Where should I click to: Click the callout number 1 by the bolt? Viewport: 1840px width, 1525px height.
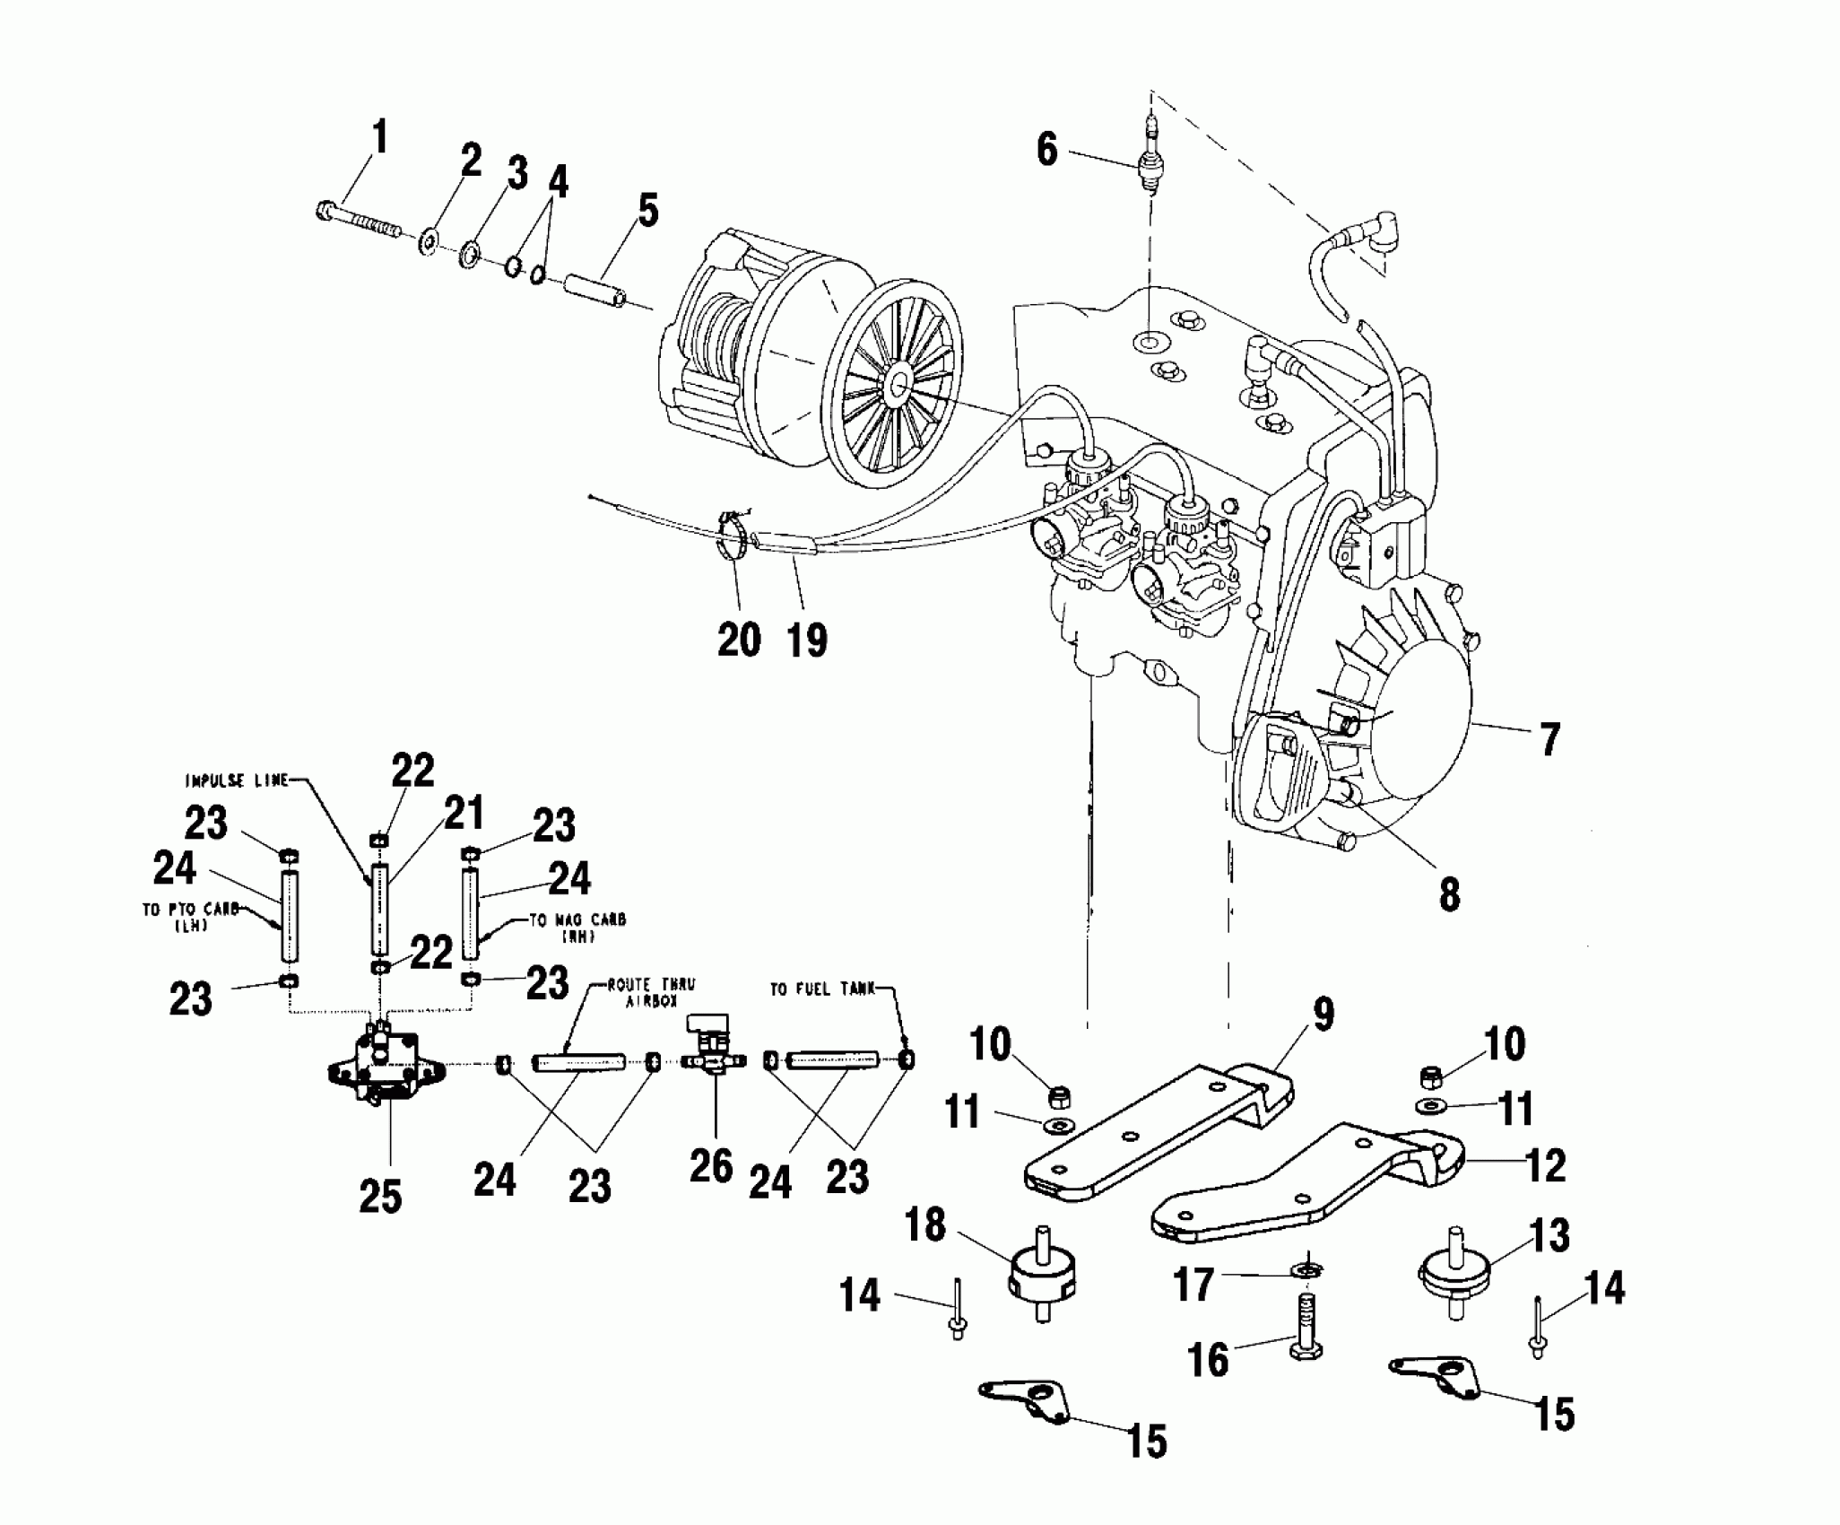point(379,139)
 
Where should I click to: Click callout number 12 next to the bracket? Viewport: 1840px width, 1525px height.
point(1544,1165)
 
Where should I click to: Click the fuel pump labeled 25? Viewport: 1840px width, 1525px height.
point(388,1070)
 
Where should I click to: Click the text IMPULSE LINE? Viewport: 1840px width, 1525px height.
point(236,781)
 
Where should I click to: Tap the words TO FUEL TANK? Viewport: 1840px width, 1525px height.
point(823,989)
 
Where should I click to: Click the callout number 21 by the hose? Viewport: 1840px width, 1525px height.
point(464,815)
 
